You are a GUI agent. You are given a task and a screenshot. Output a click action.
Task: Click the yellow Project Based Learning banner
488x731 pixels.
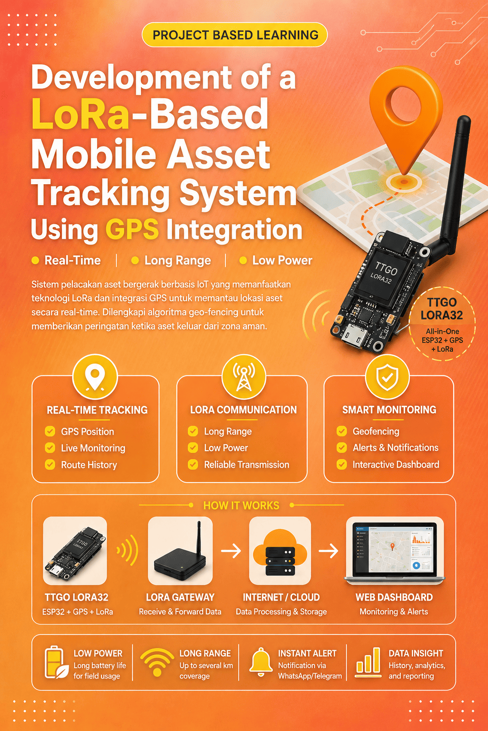pyautogui.click(x=234, y=35)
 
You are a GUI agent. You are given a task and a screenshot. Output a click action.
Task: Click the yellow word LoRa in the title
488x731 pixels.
pyautogui.click(x=80, y=114)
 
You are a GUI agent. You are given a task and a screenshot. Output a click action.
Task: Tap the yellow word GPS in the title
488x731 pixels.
pyautogui.click(x=132, y=229)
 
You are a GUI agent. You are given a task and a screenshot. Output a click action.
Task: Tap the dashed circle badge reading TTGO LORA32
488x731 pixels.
pyautogui.click(x=442, y=324)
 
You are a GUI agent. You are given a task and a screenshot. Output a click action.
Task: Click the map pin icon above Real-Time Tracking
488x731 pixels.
pyautogui.click(x=95, y=377)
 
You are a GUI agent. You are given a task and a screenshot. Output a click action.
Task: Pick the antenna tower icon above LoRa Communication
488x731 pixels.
pyautogui.click(x=244, y=377)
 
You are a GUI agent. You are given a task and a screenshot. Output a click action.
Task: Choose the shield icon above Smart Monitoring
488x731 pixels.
pyautogui.click(x=387, y=377)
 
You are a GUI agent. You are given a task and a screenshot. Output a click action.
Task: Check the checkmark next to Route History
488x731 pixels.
pyautogui.click(x=50, y=464)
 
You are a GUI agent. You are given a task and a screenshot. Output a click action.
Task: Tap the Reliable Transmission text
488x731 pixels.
pyautogui.click(x=246, y=464)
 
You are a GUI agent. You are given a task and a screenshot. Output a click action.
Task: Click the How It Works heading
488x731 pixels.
pyautogui.click(x=241, y=505)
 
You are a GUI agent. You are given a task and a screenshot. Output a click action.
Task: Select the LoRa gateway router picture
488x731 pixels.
pyautogui.click(x=180, y=551)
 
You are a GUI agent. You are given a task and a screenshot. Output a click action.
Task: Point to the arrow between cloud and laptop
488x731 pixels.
pyautogui.click(x=328, y=551)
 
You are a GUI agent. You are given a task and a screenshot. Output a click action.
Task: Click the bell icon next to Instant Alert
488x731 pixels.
pyautogui.click(x=261, y=662)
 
